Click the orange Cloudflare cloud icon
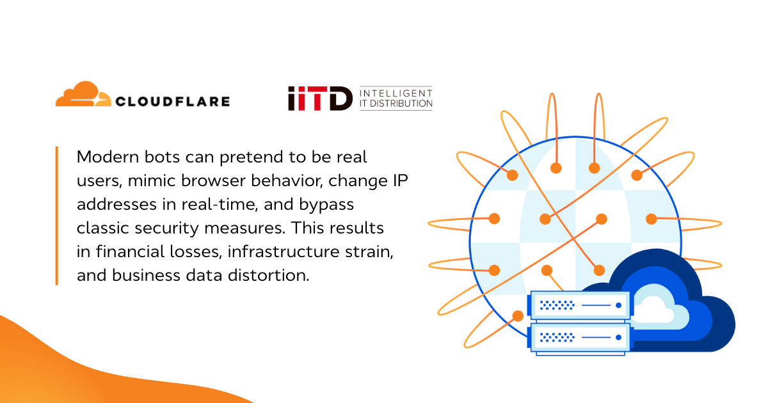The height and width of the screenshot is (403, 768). tap(80, 95)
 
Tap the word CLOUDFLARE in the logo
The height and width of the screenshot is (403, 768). tap(172, 101)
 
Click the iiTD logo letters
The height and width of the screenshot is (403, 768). tap(319, 99)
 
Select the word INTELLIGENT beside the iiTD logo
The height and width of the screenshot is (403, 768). tap(396, 93)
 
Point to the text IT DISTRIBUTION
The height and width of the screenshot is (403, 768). tap(396, 104)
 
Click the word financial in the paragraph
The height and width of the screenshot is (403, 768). tap(126, 251)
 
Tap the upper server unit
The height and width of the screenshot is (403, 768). tap(580, 306)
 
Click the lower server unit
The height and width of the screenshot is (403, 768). tap(580, 337)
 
